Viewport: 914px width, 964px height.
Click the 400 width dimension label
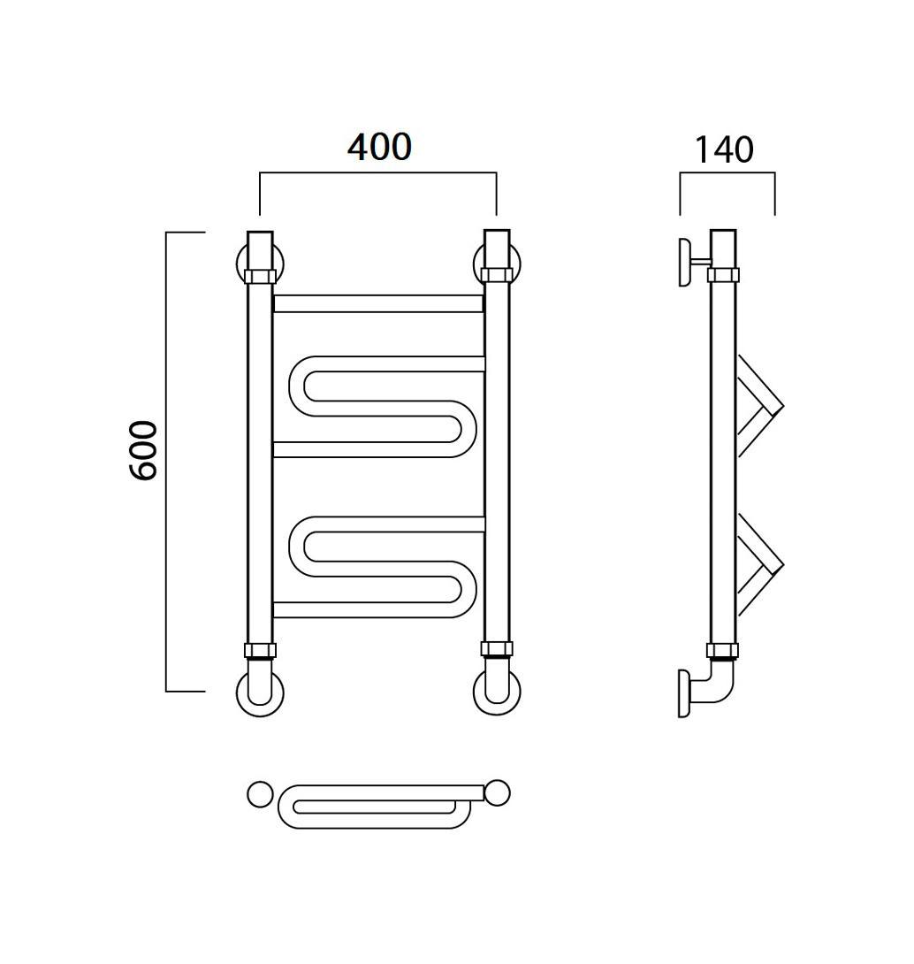(x=379, y=147)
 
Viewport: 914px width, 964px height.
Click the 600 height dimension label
(x=143, y=450)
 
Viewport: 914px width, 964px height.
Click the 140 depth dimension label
(x=723, y=150)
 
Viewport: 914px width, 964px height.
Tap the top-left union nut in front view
(x=260, y=276)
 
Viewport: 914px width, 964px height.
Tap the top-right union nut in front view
(x=497, y=274)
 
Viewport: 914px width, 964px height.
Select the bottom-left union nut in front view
(x=260, y=650)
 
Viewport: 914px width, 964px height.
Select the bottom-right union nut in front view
(x=497, y=648)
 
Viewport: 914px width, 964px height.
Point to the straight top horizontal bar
(x=378, y=303)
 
